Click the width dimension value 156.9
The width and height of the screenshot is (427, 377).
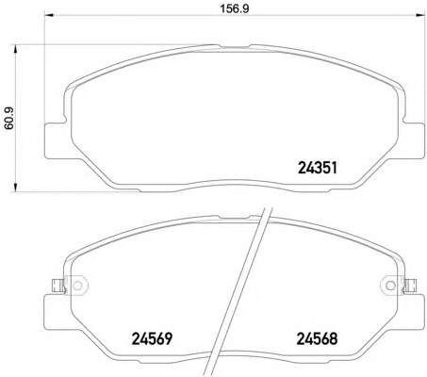tap(234, 8)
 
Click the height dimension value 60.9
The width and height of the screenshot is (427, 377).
tap(8, 118)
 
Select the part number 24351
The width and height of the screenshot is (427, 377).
tap(318, 168)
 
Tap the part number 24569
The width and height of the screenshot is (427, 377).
tap(152, 338)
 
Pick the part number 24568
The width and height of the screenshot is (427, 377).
tap(317, 338)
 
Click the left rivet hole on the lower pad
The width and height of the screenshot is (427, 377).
tap(77, 286)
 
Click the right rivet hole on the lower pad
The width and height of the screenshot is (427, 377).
tap(390, 286)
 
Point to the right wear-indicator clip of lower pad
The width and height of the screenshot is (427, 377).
tap(409, 286)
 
